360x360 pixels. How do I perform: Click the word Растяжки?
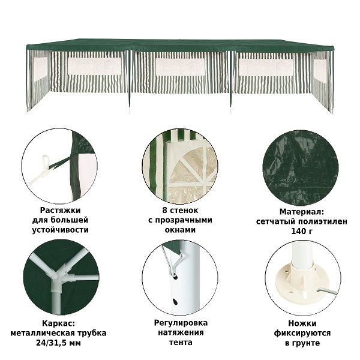(x=60, y=211)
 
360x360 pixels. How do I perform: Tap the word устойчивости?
(x=60, y=230)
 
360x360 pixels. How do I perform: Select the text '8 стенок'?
(x=180, y=210)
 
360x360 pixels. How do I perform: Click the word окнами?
(x=180, y=230)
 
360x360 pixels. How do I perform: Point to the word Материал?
(x=302, y=212)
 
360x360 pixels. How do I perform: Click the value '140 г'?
(x=302, y=231)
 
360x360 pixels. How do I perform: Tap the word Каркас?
(x=59, y=323)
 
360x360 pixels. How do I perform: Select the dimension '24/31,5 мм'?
(x=59, y=343)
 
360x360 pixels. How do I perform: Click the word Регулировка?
(x=181, y=323)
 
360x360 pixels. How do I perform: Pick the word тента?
(x=181, y=343)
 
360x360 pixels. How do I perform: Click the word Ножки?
(x=302, y=323)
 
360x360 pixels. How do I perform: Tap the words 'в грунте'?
(x=302, y=343)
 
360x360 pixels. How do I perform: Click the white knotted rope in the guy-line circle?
(x=41, y=170)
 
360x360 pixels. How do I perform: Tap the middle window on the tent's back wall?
(x=180, y=67)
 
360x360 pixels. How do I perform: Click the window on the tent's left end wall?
(x=41, y=68)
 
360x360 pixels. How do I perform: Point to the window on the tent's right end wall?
(x=320, y=70)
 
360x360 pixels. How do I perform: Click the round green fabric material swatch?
(x=301, y=168)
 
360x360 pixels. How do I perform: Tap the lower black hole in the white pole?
(x=175, y=301)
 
